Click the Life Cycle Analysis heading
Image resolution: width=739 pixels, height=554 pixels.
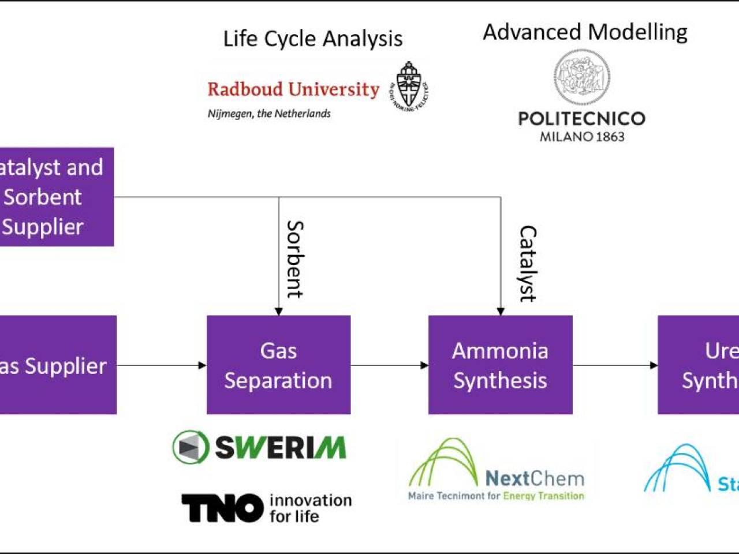312,39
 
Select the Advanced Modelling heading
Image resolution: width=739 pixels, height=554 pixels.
585,32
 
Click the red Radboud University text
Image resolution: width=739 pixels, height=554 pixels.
293,89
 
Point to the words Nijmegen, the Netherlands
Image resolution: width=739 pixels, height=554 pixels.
269,114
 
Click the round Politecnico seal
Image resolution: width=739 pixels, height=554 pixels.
581,77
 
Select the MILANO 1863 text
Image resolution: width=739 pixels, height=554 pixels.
582,137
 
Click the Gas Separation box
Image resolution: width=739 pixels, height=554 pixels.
278,365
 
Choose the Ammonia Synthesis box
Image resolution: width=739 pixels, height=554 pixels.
500,365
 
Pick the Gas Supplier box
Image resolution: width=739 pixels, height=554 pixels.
55,365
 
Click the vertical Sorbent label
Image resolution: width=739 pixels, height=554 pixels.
294,259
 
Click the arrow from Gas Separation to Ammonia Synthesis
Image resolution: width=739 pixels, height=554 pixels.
389,365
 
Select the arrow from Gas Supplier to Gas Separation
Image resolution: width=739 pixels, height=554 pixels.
161,365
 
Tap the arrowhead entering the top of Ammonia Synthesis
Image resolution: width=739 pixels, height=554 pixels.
501,311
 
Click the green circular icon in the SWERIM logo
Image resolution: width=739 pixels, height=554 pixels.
191,447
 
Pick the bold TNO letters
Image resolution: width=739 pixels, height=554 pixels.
222,508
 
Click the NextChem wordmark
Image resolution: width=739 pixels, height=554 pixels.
535,478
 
